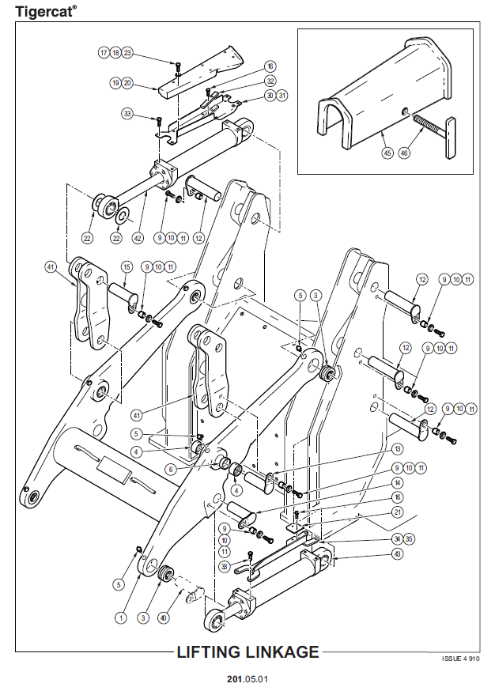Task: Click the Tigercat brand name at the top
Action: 45,12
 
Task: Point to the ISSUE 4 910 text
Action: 461,659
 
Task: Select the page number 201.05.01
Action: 247,679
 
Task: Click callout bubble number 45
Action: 387,153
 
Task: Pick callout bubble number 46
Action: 404,153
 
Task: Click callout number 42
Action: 138,238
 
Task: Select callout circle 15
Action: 127,266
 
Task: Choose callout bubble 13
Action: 398,449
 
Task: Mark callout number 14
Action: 398,482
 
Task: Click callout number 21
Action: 398,512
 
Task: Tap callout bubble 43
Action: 398,554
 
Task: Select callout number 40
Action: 164,617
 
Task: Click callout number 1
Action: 121,617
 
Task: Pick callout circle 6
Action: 171,470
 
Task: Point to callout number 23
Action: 127,53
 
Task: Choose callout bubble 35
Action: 409,539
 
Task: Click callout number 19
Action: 115,83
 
